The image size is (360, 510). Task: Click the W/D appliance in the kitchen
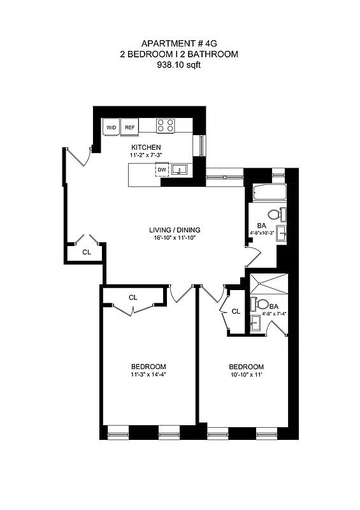[111, 127]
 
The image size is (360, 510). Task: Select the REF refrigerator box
[130, 127]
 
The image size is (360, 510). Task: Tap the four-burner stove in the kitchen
[166, 126]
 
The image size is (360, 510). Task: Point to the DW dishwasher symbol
[161, 170]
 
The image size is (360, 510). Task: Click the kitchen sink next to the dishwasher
[180, 170]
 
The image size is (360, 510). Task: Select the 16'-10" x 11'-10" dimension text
[174, 238]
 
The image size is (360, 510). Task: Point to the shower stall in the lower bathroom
[270, 284]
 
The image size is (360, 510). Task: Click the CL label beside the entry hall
[87, 252]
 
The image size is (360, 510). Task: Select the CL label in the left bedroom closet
[133, 298]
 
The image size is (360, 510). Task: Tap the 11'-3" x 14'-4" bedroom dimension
[148, 375]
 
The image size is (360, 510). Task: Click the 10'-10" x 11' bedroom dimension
[247, 375]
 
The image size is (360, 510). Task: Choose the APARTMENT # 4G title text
[178, 44]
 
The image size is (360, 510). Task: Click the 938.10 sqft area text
[178, 64]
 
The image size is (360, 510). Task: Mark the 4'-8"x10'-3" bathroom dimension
[261, 233]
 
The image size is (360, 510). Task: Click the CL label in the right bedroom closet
[235, 311]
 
